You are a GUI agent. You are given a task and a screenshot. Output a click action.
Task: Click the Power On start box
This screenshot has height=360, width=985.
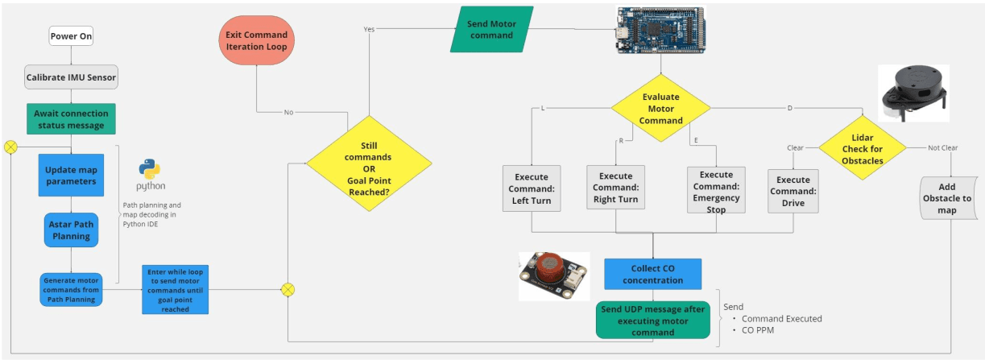point(71,36)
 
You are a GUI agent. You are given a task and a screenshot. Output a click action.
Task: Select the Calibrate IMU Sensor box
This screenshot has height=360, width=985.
point(71,78)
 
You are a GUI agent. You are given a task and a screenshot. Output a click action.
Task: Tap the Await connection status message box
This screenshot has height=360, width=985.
point(71,118)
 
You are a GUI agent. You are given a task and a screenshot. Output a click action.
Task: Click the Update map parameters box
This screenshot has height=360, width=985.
point(71,175)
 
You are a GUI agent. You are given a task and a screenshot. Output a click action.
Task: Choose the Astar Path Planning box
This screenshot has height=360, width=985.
point(71,230)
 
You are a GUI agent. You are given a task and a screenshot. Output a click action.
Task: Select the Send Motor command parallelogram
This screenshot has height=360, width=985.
point(491,31)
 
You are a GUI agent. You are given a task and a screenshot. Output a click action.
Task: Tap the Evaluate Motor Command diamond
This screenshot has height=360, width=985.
point(660,109)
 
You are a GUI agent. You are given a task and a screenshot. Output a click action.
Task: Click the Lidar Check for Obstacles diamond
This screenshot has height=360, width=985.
point(862,149)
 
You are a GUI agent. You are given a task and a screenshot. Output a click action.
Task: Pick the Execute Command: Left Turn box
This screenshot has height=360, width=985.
point(531,189)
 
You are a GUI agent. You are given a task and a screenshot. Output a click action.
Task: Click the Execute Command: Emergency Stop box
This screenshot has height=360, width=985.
point(716,191)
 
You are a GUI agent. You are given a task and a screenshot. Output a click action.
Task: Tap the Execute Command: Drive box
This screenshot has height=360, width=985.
point(793,191)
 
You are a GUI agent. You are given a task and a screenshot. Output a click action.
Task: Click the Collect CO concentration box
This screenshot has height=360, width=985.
point(652,275)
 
